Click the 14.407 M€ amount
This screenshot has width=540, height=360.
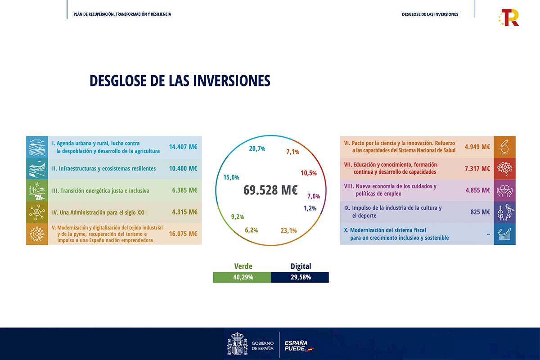tap(183, 147)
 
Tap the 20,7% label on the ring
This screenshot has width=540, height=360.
tap(257, 148)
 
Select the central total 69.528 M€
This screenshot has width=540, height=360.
tap(270, 190)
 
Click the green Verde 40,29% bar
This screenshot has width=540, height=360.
tap(242, 277)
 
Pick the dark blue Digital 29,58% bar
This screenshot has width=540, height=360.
tap(300, 277)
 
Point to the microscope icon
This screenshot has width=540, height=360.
tap(504, 147)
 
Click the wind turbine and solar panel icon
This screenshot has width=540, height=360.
tap(37, 190)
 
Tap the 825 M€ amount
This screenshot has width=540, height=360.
tap(480, 212)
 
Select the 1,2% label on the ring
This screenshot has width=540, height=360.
tap(310, 208)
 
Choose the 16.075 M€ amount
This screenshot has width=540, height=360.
tap(183, 234)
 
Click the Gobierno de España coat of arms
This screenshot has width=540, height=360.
tap(237, 343)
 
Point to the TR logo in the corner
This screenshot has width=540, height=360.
tap(509, 18)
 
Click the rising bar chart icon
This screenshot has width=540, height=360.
tap(504, 234)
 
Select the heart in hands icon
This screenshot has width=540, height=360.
tap(504, 190)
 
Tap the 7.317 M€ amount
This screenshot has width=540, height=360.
tap(477, 168)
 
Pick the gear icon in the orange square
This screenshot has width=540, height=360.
tap(37, 234)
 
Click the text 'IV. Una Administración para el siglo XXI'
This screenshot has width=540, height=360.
tap(98, 212)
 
